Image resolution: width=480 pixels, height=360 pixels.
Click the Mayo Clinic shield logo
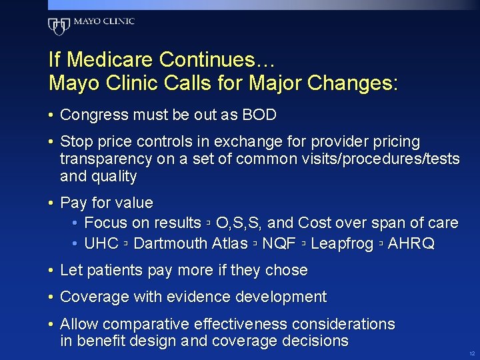[59, 26]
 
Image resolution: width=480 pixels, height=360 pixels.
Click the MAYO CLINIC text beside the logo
[104, 21]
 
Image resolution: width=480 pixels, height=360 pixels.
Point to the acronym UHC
[101, 243]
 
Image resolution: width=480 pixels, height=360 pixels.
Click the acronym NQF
[279, 243]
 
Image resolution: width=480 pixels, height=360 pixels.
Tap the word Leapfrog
[341, 243]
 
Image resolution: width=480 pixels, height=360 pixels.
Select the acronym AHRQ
[411, 243]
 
